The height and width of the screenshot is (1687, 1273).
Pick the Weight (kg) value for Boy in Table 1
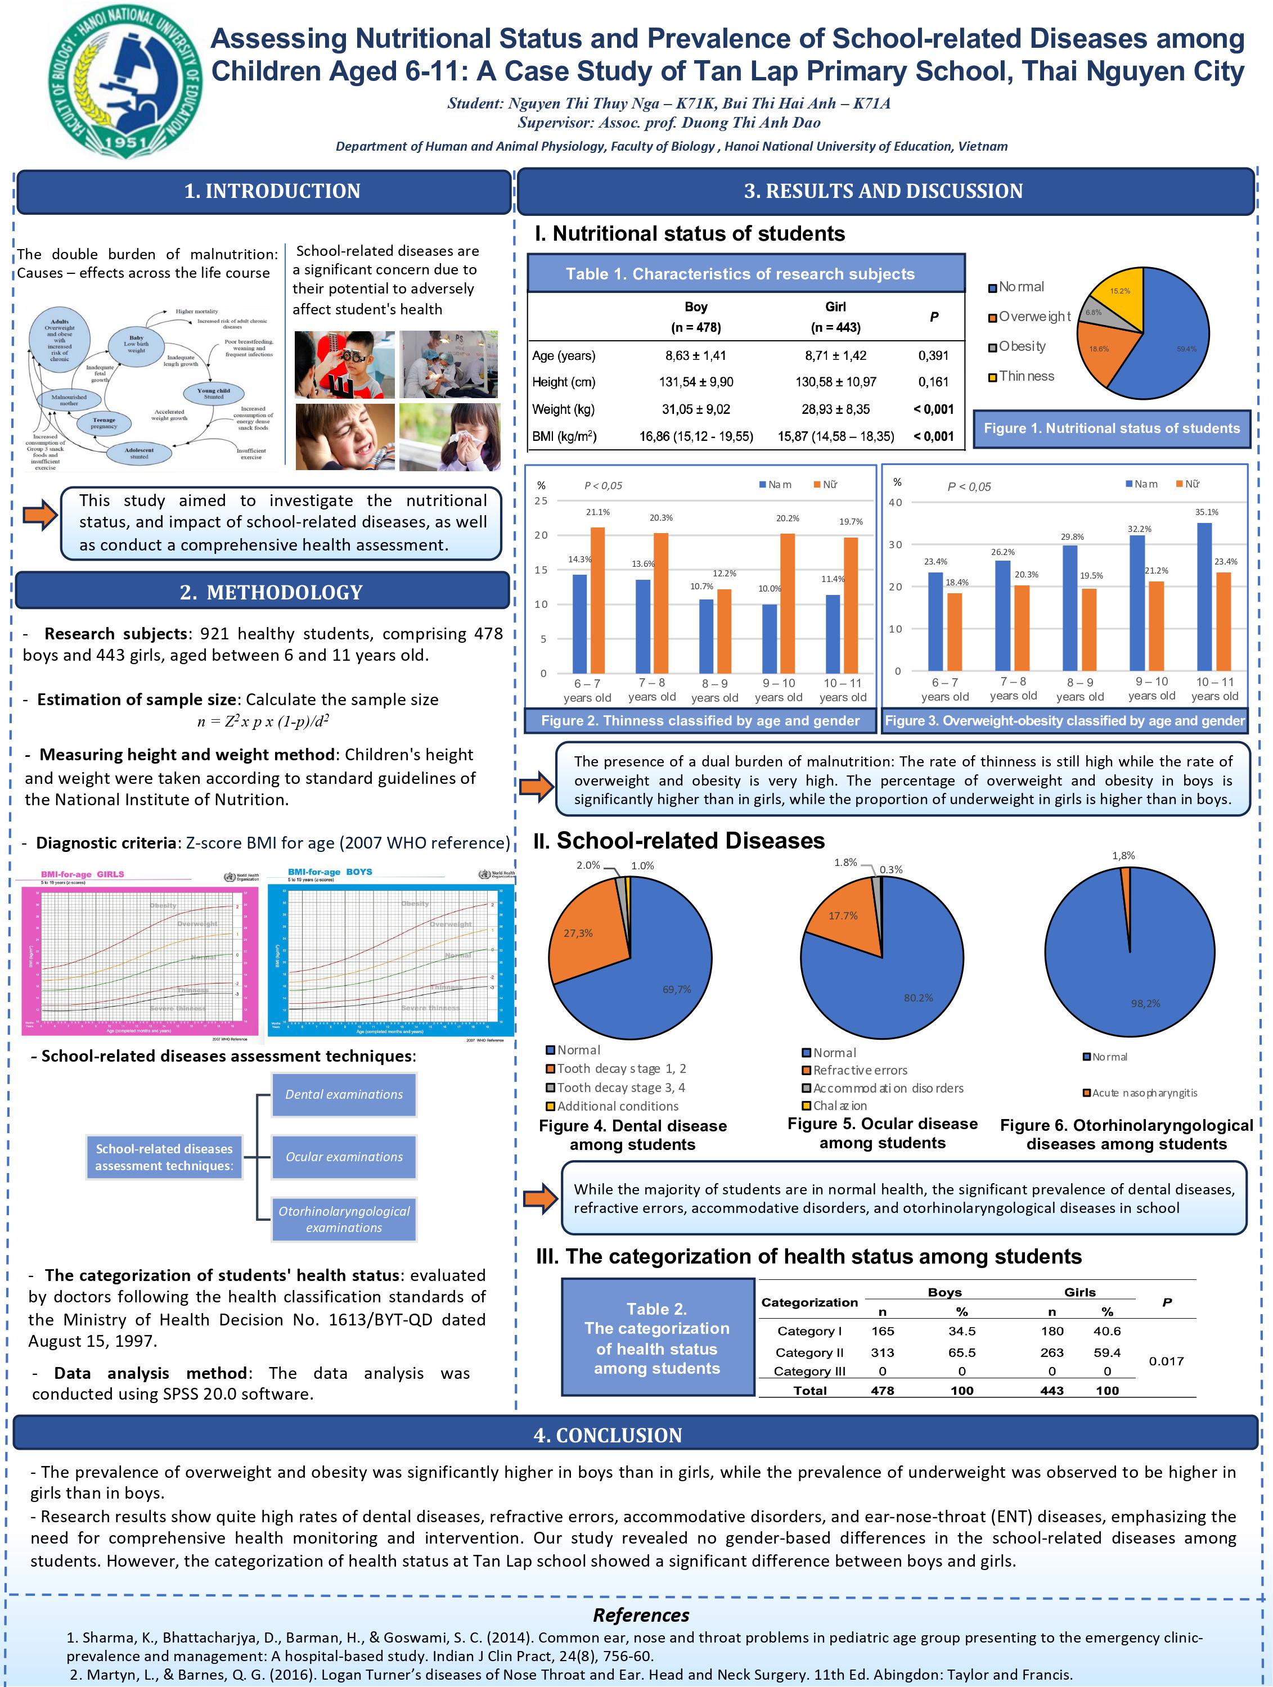click(696, 409)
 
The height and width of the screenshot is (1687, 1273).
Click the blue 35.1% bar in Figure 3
click(1204, 597)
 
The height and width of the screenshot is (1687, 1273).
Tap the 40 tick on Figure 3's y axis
click(896, 503)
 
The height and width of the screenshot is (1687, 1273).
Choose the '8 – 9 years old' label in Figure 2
click(714, 690)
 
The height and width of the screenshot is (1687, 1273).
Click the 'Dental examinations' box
click(344, 1094)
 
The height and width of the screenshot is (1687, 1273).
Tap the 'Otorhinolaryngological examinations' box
click(344, 1219)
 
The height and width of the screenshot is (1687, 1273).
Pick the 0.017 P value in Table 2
click(1166, 1361)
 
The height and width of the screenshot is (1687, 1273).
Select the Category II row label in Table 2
click(809, 1352)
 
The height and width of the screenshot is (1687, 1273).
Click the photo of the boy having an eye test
click(345, 364)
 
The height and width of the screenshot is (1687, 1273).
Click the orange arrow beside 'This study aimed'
click(40, 516)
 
